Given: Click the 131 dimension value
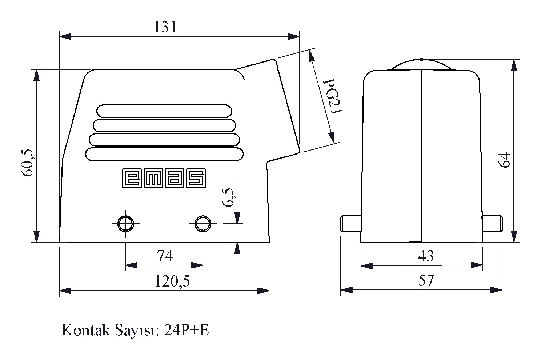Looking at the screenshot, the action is pyautogui.click(x=165, y=27).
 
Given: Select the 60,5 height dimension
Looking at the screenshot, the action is pyautogui.click(x=27, y=163).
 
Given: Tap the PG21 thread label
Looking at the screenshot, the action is pyautogui.click(x=333, y=96).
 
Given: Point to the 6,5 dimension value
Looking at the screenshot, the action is pyautogui.click(x=228, y=197).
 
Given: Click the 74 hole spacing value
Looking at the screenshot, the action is pyautogui.click(x=165, y=256).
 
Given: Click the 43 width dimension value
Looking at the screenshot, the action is pyautogui.click(x=426, y=256).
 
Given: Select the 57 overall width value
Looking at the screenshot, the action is pyautogui.click(x=426, y=280).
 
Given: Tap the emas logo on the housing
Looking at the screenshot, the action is pyautogui.click(x=164, y=178).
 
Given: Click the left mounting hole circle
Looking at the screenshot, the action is pyautogui.click(x=125, y=224).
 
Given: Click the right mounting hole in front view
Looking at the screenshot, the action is pyautogui.click(x=203, y=224).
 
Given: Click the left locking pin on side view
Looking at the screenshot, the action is pyautogui.click(x=351, y=224).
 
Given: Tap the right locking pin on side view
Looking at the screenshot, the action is pyautogui.click(x=492, y=224).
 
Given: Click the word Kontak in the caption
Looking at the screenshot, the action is pyautogui.click(x=86, y=330).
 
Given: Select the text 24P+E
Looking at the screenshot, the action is pyautogui.click(x=186, y=330).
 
